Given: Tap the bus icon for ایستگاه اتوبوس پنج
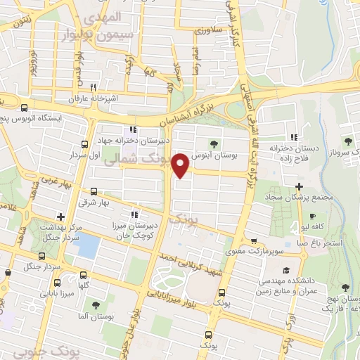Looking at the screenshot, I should tap(25, 108).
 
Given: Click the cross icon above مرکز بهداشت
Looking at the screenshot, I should tap(61, 216).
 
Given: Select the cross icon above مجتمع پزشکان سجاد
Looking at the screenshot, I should tap(299, 187).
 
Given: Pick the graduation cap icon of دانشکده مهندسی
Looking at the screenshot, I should tap(286, 270).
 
